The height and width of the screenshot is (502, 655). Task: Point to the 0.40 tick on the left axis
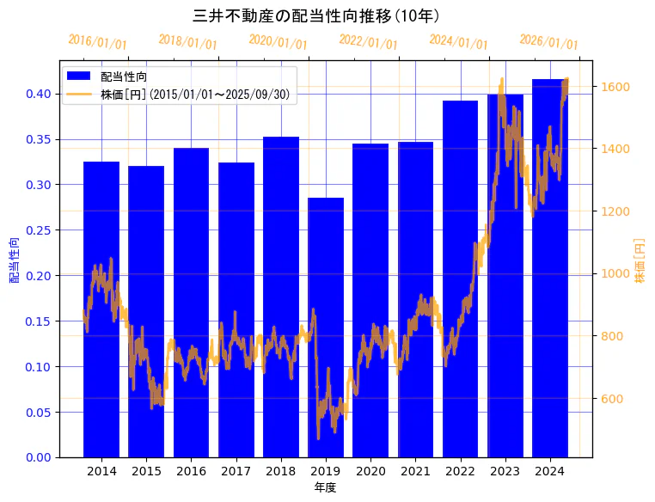coord(38,94)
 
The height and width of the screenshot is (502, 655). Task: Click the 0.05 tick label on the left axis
coord(38,413)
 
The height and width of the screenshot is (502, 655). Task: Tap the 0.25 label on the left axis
coord(38,230)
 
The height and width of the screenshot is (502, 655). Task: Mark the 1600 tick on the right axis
coord(615,87)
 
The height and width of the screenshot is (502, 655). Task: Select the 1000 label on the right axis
coord(615,274)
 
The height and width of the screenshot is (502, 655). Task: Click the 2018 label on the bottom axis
coord(280,471)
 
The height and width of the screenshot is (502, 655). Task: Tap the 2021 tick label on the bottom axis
coord(415,471)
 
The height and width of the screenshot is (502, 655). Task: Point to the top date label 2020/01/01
coord(278,42)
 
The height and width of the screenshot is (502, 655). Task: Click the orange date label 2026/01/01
coord(548,42)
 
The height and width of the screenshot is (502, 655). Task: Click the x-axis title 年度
coord(325,487)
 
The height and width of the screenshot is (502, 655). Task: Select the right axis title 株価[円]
coord(640,261)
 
